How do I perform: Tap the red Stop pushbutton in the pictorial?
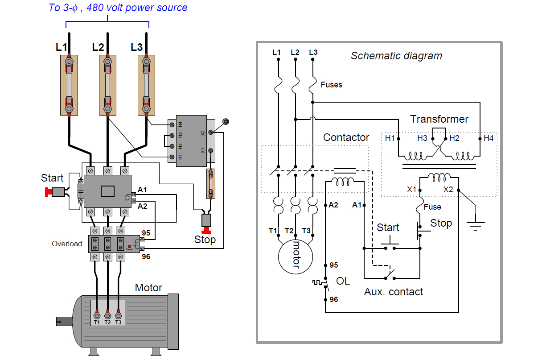pos(206,230)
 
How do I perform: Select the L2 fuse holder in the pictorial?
pos(107,85)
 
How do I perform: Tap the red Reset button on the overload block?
pos(129,246)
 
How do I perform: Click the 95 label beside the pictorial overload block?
pos(146,233)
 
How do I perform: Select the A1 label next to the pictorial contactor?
pos(142,190)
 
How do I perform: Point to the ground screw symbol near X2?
pos(226,122)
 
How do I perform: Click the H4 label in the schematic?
pos(489,138)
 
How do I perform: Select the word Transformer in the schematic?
pos(439,119)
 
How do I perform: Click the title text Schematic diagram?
pos(396,56)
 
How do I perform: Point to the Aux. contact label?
pos(394,292)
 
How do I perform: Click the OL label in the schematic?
pos(343,281)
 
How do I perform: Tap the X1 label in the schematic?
pos(411,189)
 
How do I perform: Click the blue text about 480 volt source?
pos(118,8)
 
